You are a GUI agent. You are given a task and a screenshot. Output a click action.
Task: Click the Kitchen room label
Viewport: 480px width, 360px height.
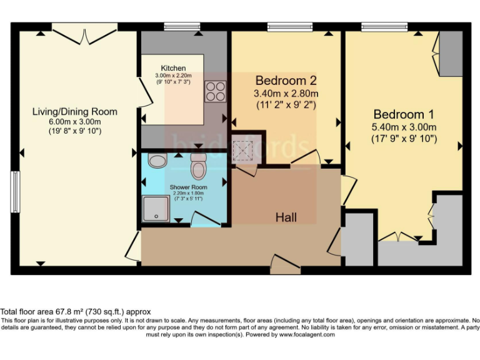pos(172,68)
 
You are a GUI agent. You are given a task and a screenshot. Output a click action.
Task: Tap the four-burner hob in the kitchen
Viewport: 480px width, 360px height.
pos(215,92)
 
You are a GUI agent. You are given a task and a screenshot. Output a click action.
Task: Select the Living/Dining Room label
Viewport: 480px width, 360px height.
pos(75,112)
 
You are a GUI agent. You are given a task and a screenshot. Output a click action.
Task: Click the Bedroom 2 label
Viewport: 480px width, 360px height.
pos(286,81)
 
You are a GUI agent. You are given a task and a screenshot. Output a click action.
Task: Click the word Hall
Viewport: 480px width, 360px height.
pos(286,217)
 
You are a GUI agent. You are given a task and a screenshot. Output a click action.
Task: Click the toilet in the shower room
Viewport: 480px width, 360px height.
pos(199,167)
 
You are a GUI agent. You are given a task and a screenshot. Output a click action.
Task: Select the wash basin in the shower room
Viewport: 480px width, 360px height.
pos(157,161)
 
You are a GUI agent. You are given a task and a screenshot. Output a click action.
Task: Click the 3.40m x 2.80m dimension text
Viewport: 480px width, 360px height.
pos(286,94)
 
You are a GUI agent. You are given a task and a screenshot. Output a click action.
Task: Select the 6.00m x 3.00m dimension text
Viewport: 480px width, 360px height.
pos(75,122)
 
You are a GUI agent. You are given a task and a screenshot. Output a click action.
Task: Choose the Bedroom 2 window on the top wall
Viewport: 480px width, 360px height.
pos(285,26)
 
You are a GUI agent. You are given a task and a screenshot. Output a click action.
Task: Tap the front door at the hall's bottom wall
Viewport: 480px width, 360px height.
pos(286,266)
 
